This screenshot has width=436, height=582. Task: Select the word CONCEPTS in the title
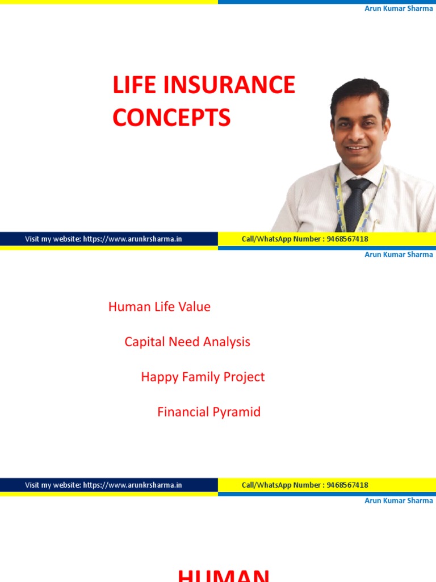pyautogui.click(x=171, y=118)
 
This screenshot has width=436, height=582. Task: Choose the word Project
pyautogui.click(x=244, y=377)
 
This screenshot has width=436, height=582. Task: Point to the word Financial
pyautogui.click(x=182, y=412)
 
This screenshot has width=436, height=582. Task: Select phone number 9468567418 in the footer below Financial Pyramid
pyautogui.click(x=347, y=485)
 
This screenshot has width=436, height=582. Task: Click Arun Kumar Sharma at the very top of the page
pyautogui.click(x=399, y=9)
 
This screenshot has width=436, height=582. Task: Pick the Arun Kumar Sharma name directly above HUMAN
pyautogui.click(x=399, y=501)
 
